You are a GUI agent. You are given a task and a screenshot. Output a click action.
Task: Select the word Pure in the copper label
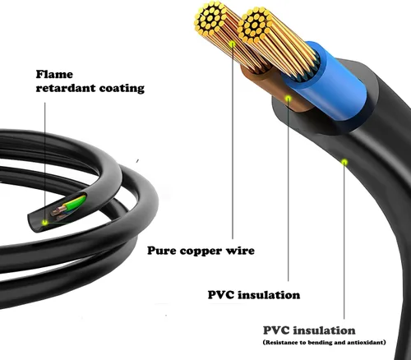pos(163,249)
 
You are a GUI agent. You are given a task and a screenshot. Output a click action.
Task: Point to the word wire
pos(240,249)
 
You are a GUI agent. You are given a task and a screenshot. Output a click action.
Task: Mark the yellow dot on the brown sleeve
pos(289,99)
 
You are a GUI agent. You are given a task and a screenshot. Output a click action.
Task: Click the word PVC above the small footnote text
pos(277,330)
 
